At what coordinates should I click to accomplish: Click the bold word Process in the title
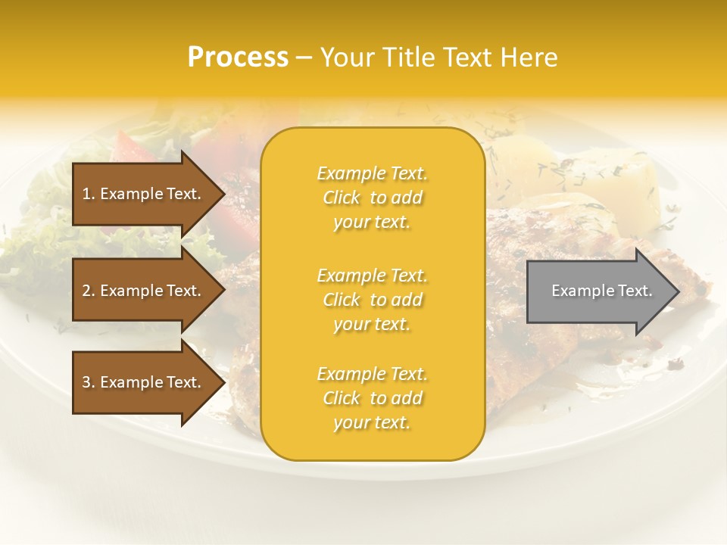point(238,57)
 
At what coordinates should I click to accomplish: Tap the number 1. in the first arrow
point(89,194)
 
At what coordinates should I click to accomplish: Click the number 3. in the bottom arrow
point(89,382)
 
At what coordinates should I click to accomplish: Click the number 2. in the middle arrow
point(89,291)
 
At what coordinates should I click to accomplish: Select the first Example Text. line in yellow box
point(372,173)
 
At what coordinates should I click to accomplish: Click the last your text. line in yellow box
point(372,422)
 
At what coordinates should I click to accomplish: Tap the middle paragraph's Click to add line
point(372,300)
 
